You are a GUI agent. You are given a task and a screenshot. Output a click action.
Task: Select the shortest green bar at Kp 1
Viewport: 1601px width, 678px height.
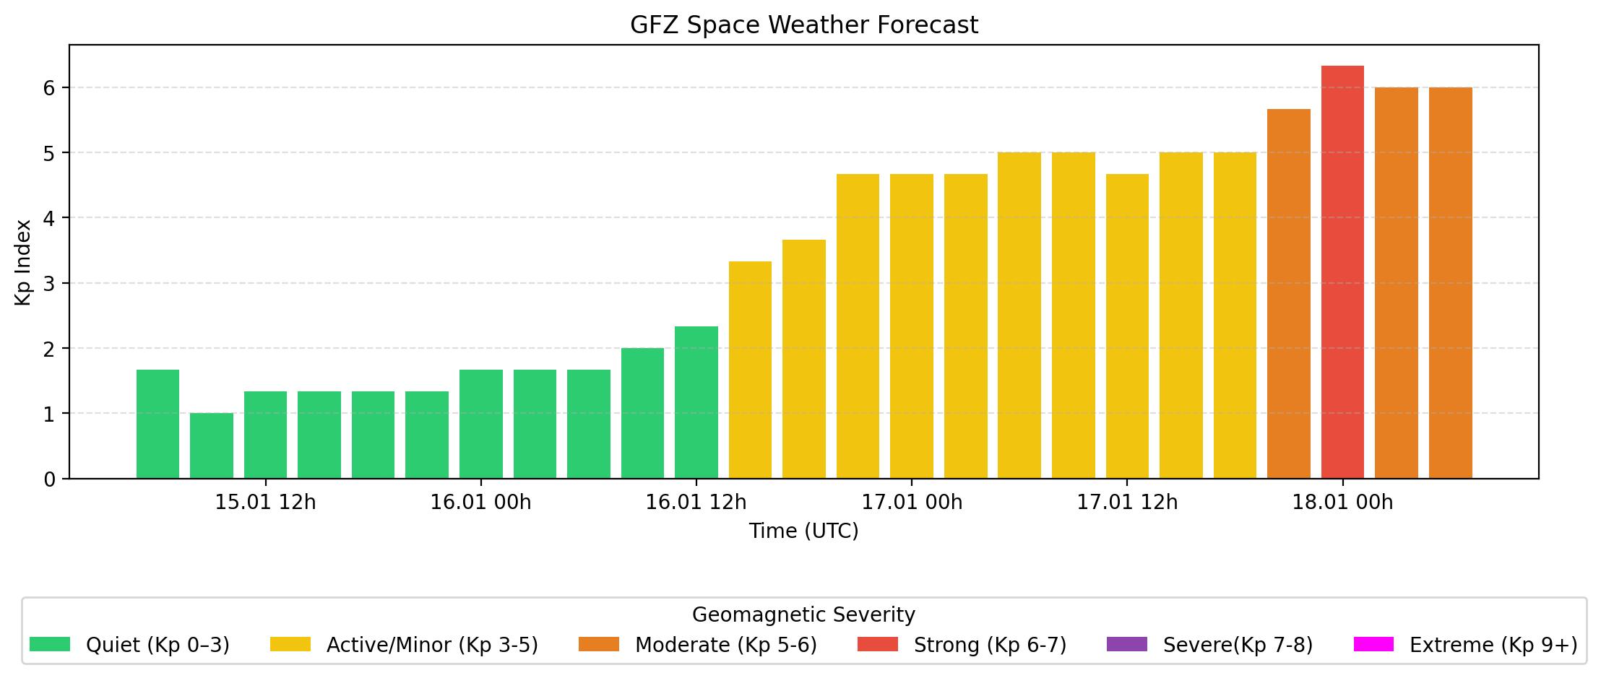click(212, 446)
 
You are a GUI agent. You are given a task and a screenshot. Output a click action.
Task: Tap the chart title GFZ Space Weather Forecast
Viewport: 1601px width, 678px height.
click(803, 25)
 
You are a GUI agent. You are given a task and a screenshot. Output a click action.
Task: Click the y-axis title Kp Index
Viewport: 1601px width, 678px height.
click(24, 262)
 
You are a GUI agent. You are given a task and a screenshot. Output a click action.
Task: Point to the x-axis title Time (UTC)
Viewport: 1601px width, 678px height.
click(803, 531)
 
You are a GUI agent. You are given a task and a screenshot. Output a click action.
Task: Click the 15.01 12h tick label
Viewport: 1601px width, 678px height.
click(265, 503)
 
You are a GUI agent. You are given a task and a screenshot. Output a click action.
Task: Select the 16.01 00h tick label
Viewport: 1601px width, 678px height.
click(480, 503)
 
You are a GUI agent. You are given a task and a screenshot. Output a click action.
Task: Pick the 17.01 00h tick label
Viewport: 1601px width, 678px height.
click(912, 503)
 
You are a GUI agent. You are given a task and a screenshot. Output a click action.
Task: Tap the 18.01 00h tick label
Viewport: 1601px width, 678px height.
click(1342, 503)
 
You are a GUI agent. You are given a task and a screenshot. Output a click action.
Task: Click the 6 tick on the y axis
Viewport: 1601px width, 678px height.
click(49, 88)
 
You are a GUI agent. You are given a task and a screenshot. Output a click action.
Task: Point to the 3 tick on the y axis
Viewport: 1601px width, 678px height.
click(49, 284)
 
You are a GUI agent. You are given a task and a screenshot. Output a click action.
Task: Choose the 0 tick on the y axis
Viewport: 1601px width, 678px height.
click(49, 479)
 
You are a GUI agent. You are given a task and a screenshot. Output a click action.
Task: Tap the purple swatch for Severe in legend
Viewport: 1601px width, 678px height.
click(1126, 644)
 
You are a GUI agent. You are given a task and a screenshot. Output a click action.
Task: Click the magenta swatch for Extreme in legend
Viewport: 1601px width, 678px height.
click(1373, 644)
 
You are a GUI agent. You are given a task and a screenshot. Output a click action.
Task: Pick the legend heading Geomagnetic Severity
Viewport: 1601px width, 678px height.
click(803, 615)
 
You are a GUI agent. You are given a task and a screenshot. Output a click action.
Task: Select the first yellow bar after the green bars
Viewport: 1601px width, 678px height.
click(750, 370)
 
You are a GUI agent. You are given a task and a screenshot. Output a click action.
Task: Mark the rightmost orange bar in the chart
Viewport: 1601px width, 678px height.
click(1450, 282)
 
